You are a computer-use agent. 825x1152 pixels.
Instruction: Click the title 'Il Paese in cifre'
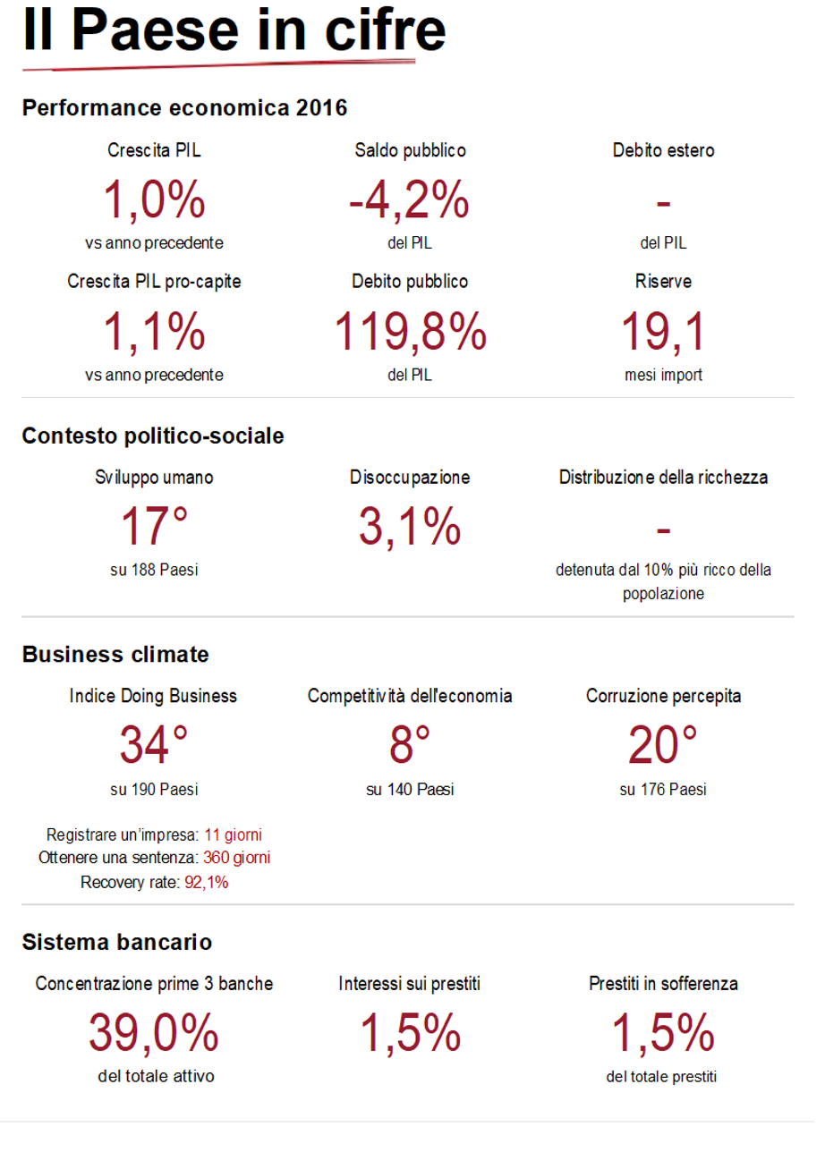[x=234, y=30]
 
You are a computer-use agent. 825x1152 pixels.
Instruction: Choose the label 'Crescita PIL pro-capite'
[x=154, y=282]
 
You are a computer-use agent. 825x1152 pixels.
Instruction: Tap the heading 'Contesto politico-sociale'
[x=153, y=436]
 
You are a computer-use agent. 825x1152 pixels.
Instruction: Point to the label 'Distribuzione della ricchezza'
[x=663, y=478]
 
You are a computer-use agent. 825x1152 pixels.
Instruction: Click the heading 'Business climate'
[x=115, y=655]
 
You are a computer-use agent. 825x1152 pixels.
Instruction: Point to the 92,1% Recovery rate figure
[x=207, y=883]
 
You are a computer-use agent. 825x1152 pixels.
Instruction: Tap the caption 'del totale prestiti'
[x=661, y=1077]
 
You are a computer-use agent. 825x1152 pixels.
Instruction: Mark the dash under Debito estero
[x=663, y=204]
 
